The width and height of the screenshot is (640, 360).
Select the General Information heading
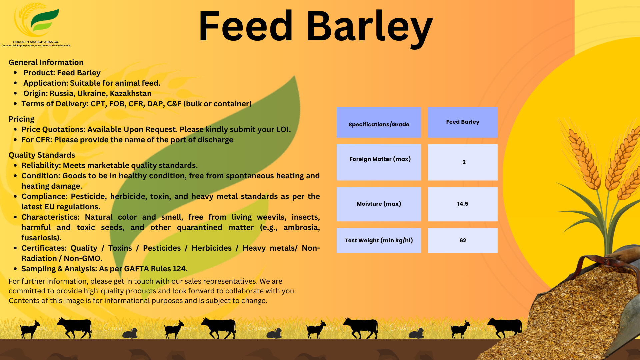tap(46, 62)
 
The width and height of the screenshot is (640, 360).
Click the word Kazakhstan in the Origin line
tap(131, 93)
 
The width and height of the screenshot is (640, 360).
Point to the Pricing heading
tap(21, 119)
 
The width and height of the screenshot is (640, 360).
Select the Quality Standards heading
tap(42, 155)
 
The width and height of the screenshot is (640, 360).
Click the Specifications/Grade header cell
tap(379, 122)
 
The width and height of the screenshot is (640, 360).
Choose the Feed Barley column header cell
tap(463, 122)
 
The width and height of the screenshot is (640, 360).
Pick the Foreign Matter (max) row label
tap(380, 159)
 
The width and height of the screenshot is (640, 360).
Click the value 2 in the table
tap(464, 162)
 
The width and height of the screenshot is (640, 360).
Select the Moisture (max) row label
tap(379, 204)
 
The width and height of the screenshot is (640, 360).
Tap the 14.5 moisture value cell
tap(463, 204)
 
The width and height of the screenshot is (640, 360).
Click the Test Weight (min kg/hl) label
tap(379, 240)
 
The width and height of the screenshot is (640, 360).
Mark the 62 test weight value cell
tap(463, 241)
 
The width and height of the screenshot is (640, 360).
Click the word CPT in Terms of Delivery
tap(98, 104)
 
